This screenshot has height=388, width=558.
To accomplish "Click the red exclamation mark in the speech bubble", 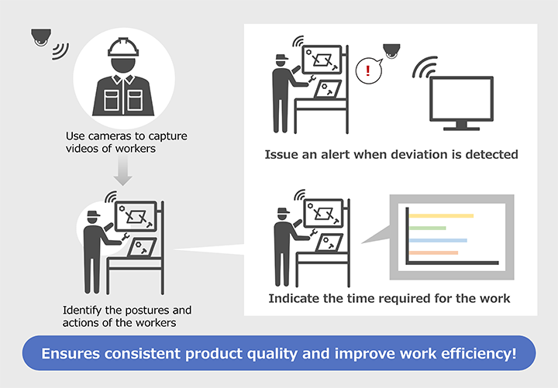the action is (x=368, y=70).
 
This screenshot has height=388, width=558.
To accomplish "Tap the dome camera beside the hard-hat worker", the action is (x=41, y=37).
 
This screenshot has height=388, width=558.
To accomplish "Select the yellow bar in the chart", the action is (x=441, y=216).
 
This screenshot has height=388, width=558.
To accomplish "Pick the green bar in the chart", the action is (x=427, y=228).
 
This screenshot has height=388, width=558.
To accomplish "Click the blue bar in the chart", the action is (x=438, y=240).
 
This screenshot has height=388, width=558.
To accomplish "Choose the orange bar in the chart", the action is (x=433, y=252).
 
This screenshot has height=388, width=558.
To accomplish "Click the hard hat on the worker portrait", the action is (x=123, y=48).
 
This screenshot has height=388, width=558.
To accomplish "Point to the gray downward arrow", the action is (x=122, y=170).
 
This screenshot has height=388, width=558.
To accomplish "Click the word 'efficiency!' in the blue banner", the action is (x=479, y=354).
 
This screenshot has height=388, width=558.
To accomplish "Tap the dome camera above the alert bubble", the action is (x=391, y=51).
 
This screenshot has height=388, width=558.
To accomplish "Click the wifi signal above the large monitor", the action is (x=425, y=67).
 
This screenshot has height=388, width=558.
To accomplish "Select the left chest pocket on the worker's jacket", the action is (x=112, y=100).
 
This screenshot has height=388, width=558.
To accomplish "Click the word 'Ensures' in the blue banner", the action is (x=71, y=354).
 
